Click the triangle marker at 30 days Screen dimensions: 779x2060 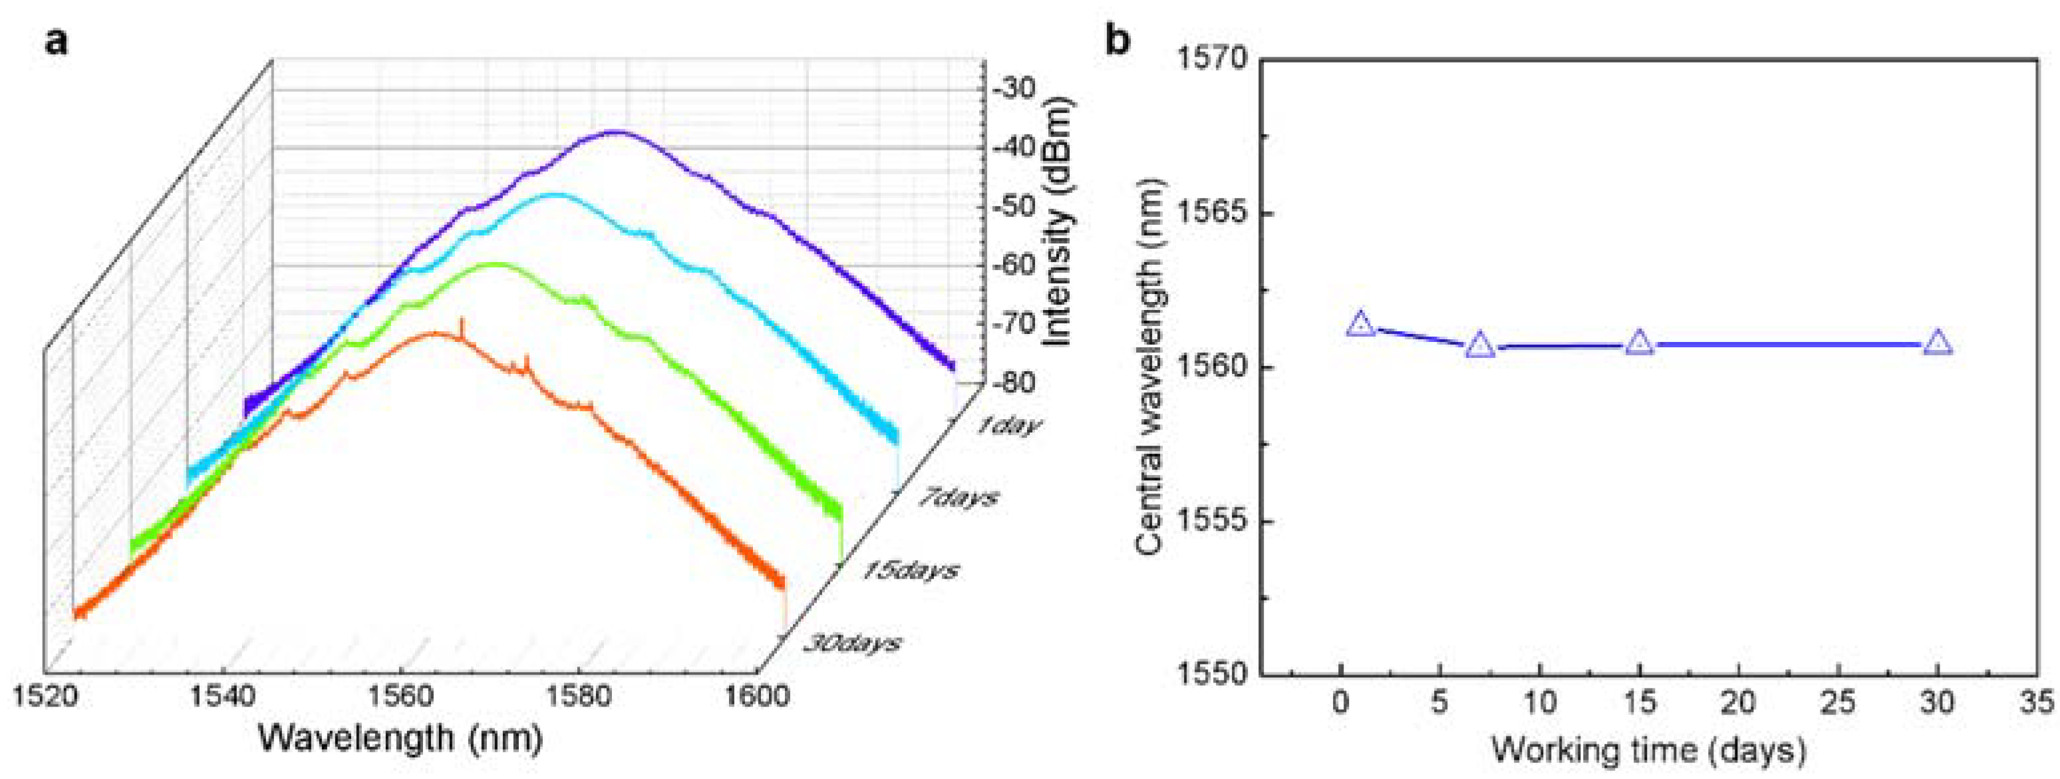(1937, 344)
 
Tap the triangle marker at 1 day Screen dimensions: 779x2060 (1360, 324)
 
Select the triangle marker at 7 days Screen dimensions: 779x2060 (1480, 345)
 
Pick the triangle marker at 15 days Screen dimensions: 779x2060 (1640, 343)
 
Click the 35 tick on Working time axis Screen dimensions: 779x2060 (2037, 704)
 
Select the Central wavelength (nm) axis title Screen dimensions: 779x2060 (1149, 367)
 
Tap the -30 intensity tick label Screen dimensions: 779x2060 (1014, 88)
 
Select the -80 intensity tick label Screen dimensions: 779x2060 (1014, 383)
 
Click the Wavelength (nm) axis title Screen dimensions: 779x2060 (400, 737)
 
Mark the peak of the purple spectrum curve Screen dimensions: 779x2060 (616, 131)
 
